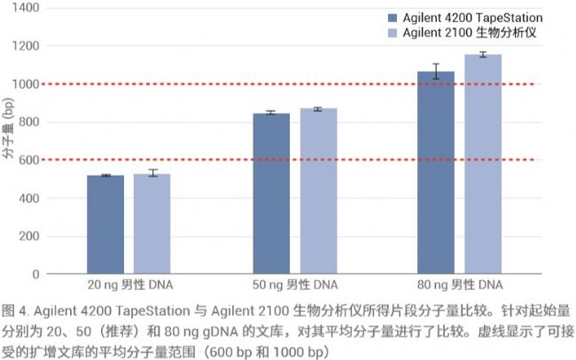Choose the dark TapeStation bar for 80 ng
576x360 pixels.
click(x=436, y=173)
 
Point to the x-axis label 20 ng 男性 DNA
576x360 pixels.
click(x=128, y=286)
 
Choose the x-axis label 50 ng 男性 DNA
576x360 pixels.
click(x=294, y=286)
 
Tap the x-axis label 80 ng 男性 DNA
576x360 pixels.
click(x=459, y=286)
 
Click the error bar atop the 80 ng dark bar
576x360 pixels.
click(x=436, y=71)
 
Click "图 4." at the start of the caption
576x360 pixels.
click(x=17, y=311)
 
